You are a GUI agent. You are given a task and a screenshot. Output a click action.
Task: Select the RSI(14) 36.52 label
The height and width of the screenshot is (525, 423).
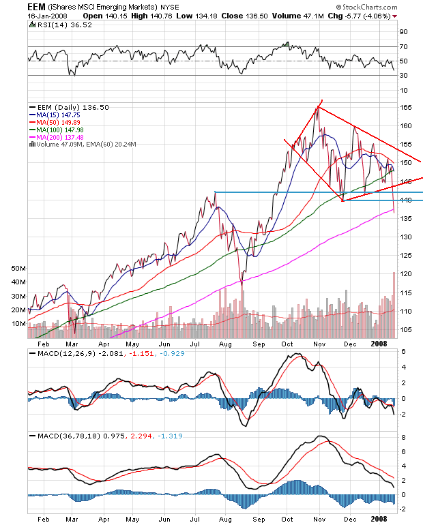point(55,25)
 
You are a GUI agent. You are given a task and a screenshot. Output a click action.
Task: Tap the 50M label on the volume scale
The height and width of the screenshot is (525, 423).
point(18,269)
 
